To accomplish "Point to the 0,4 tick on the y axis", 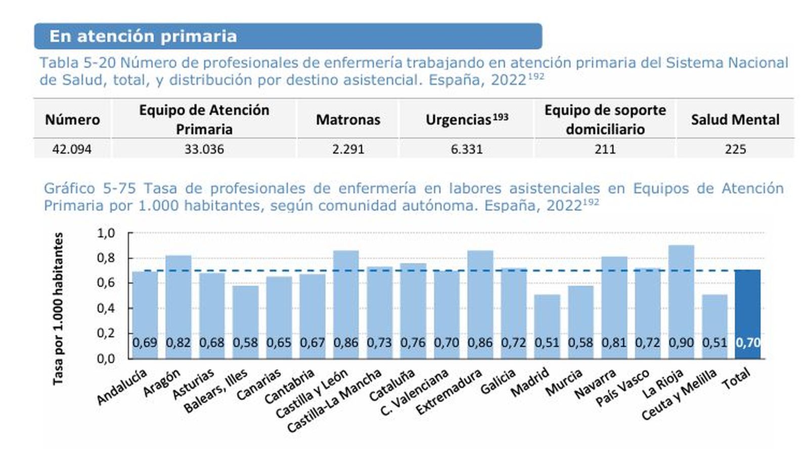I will click(x=106, y=308).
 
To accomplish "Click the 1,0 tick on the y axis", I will click(x=106, y=233).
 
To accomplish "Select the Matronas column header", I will click(x=348, y=120).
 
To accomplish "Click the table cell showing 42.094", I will click(x=72, y=149).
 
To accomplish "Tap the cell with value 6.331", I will click(x=467, y=149).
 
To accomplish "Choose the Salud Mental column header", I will click(x=735, y=120).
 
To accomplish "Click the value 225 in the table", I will click(x=735, y=149).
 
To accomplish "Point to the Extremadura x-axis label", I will click(x=449, y=392).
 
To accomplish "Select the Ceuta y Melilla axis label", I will click(x=679, y=394).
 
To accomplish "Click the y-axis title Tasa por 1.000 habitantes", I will click(x=59, y=308).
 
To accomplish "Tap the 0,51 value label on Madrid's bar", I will click(x=547, y=343).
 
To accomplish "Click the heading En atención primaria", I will click(x=143, y=36).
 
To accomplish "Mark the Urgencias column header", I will click(x=466, y=120).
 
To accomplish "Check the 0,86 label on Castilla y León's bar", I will click(x=346, y=343).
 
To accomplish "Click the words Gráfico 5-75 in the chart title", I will click(x=89, y=189).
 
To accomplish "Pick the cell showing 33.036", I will click(x=204, y=149).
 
